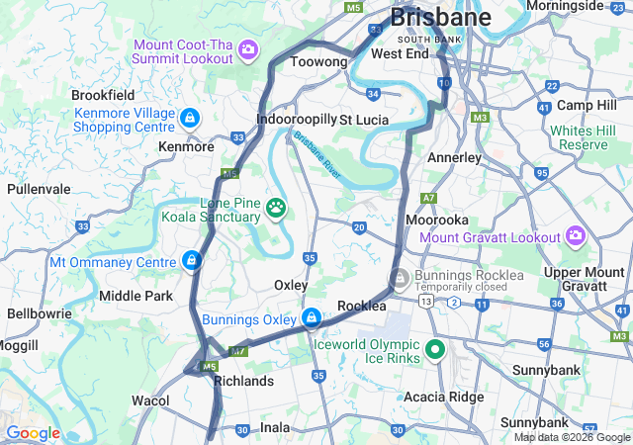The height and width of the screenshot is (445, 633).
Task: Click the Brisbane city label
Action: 440,18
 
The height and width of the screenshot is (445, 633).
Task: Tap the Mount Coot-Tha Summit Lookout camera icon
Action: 248,48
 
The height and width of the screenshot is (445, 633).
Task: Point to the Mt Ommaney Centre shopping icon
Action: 191,261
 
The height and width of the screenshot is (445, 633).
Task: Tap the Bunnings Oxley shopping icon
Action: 312,317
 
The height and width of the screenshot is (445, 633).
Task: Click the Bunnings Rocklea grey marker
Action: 399,278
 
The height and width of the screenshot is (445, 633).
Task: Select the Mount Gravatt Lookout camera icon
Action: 576,235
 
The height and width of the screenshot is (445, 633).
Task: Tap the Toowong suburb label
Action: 318,62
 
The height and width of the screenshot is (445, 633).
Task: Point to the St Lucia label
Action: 364,120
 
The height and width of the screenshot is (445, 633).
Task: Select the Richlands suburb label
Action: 243,381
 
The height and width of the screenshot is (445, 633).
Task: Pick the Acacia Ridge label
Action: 442,397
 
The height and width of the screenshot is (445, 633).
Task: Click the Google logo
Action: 33,433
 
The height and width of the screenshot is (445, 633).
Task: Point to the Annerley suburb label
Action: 454,157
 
